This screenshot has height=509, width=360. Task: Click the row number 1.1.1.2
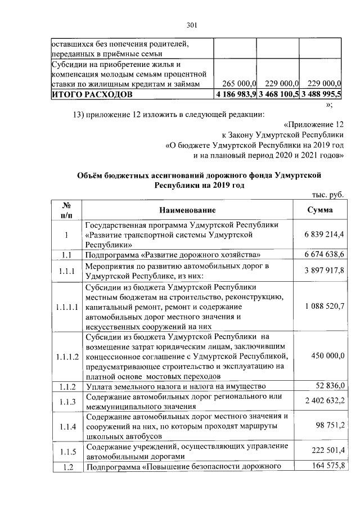pos(66,356)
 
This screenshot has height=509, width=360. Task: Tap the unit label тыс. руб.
pos(327,195)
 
